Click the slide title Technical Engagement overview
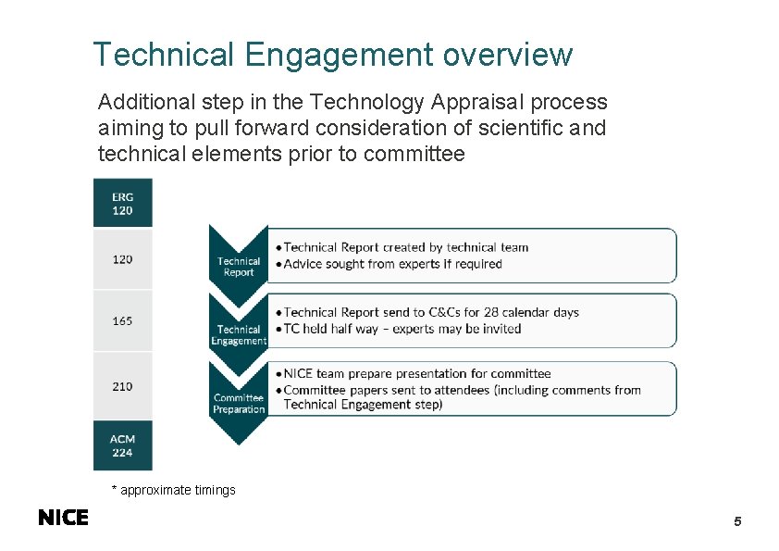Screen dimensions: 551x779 [332, 55]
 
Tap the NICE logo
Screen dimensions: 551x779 [64, 518]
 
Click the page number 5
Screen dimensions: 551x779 [737, 521]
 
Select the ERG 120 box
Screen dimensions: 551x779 [122, 204]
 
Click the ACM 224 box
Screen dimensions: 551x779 [122, 446]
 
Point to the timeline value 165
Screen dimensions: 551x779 [122, 321]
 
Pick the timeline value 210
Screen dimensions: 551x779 [122, 386]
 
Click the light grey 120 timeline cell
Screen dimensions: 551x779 [122, 259]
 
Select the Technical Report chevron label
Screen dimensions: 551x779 [239, 267]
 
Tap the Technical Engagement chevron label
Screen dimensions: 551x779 [239, 335]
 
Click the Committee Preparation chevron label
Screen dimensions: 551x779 [239, 404]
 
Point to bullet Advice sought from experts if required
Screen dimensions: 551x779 [392, 264]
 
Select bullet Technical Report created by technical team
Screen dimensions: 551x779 [405, 247]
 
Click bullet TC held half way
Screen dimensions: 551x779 [402, 329]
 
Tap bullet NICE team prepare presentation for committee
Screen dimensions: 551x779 [416, 374]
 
